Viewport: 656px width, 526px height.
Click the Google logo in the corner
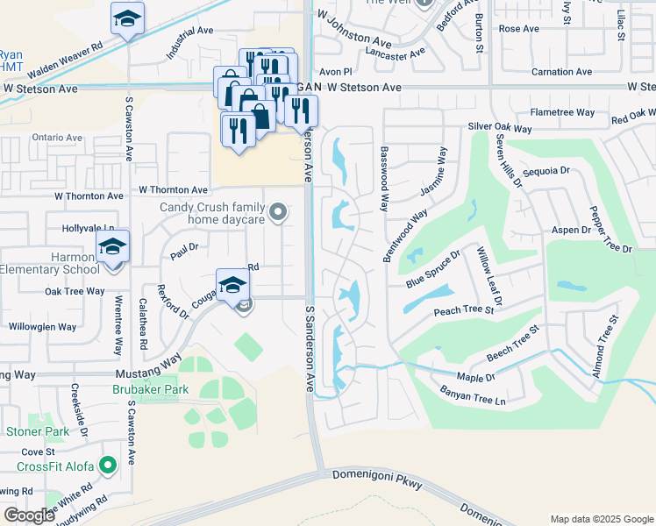[29, 515]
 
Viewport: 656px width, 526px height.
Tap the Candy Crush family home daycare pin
[279, 211]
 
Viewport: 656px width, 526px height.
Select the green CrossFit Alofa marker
[108, 465]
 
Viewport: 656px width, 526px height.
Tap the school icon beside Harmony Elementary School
[113, 247]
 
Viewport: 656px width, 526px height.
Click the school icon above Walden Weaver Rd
[128, 19]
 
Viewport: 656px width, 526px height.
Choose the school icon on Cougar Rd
[233, 285]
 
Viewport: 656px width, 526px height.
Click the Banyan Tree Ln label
[474, 395]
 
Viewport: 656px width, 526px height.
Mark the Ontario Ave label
[57, 138]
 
